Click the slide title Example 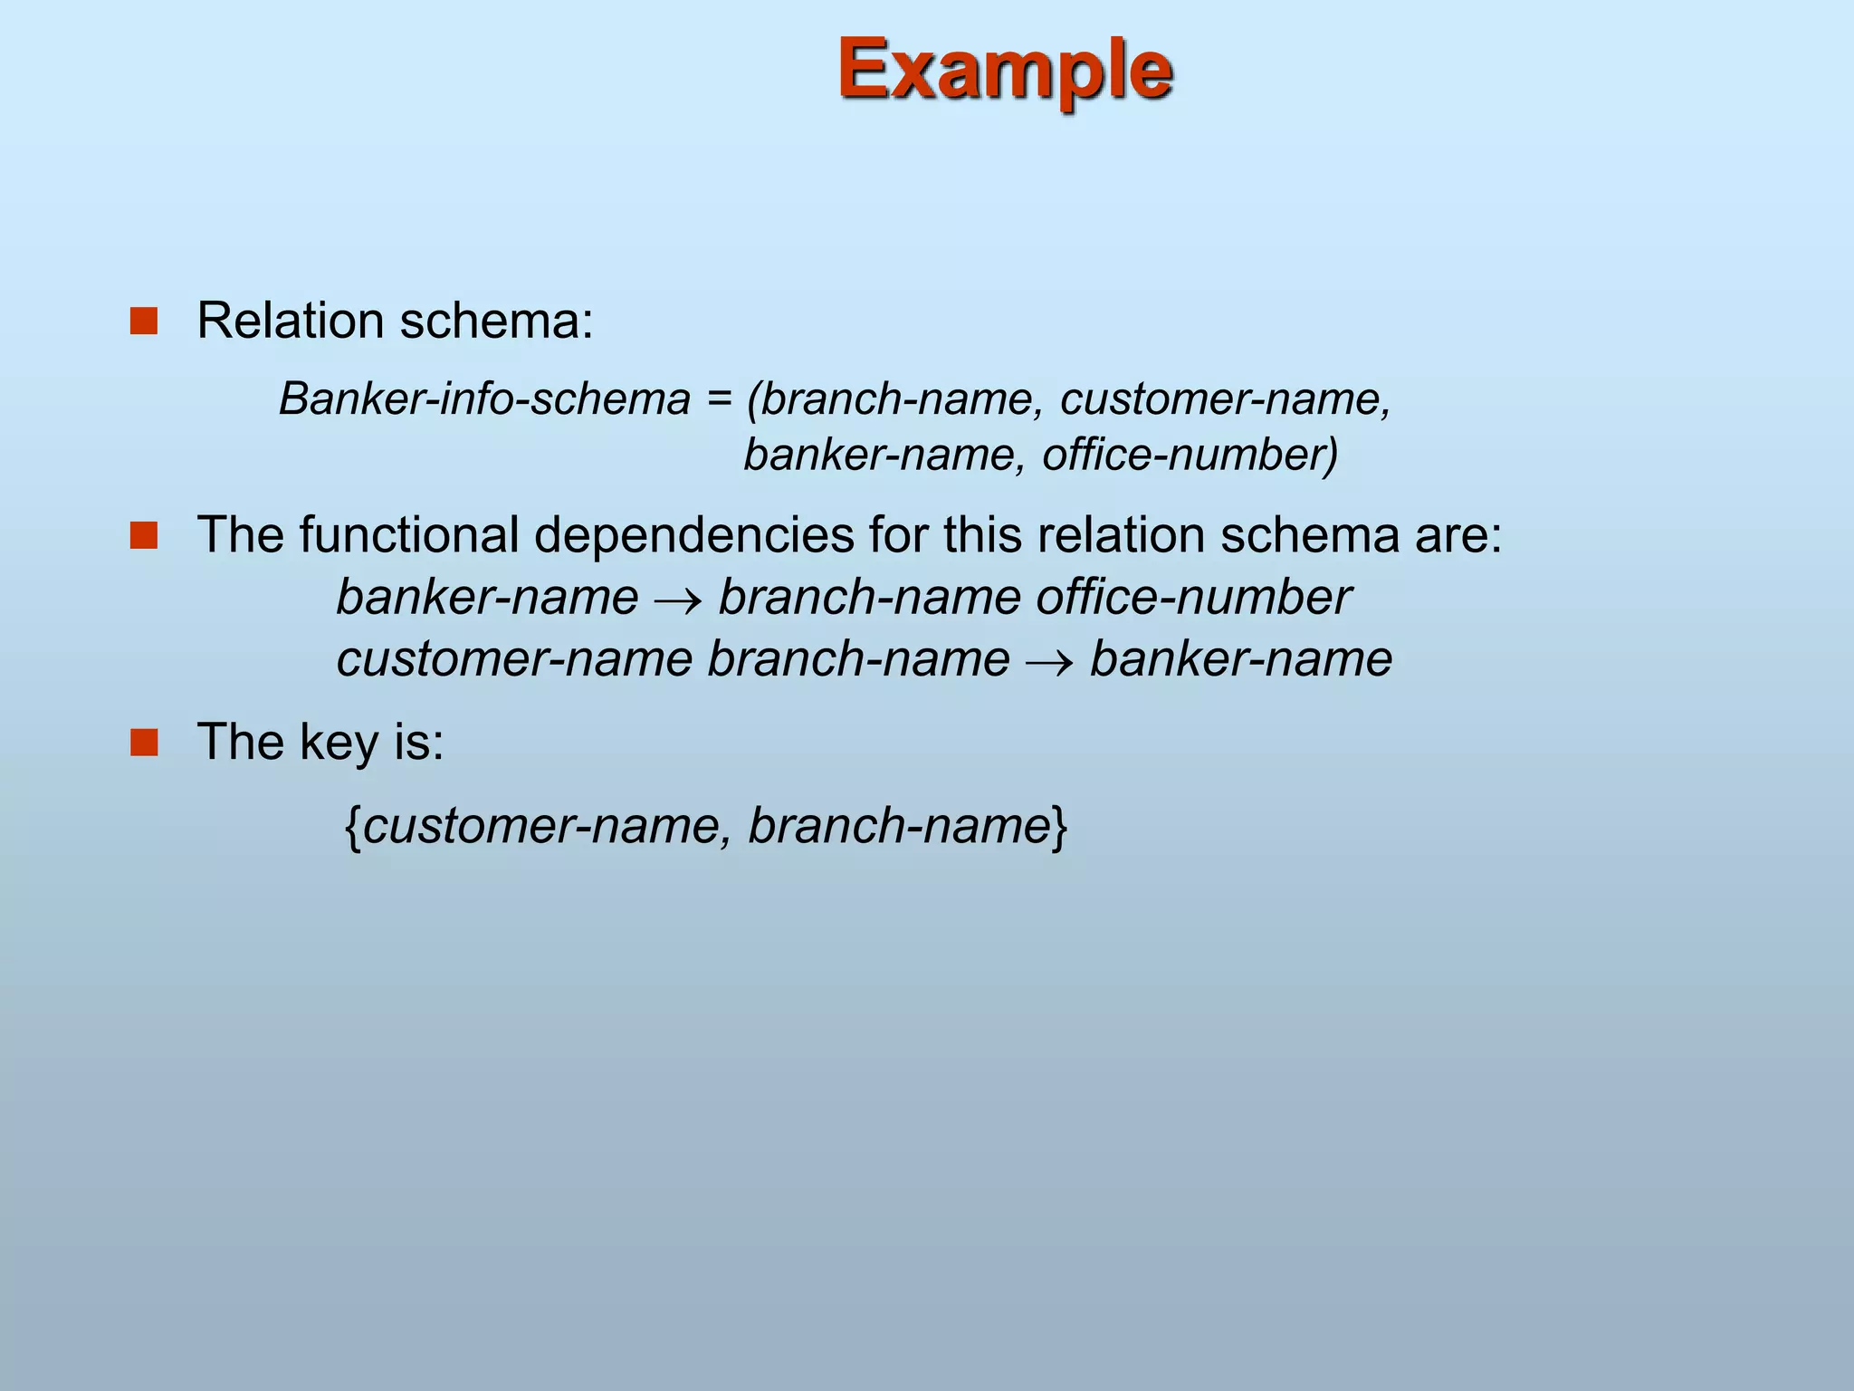click(1005, 71)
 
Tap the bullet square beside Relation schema click(144, 321)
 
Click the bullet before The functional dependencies click(144, 535)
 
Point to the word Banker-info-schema click(484, 399)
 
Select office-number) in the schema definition click(1190, 455)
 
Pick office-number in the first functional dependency click(1193, 598)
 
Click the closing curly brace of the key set click(1060, 826)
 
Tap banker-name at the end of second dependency click(1240, 658)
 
